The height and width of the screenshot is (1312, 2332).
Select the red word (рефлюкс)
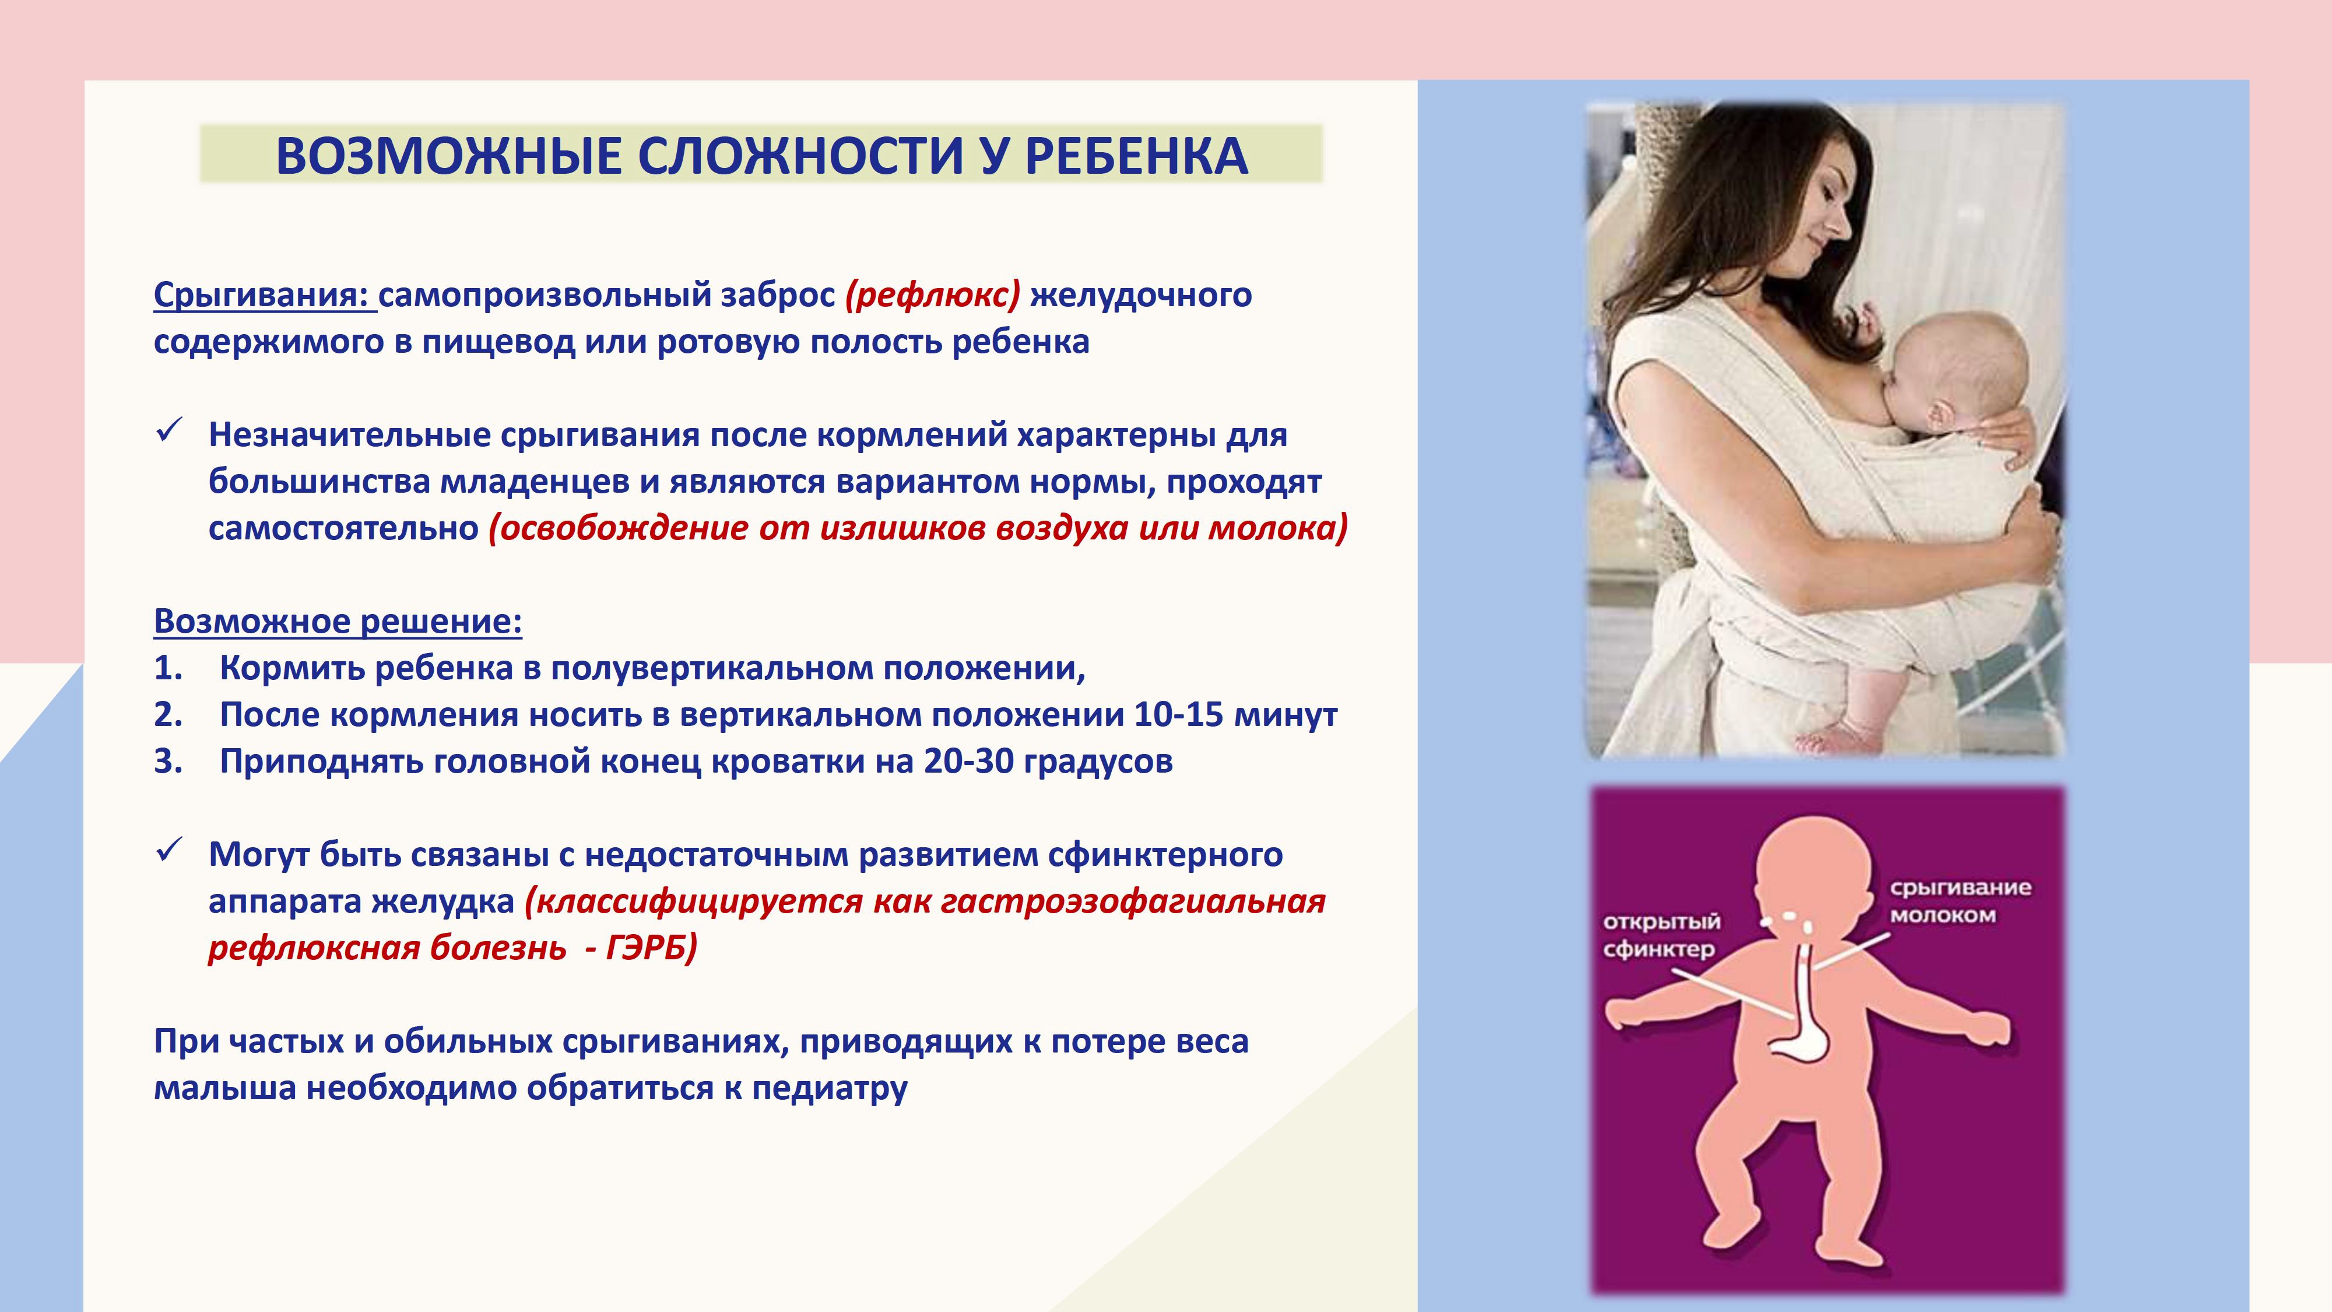(x=932, y=295)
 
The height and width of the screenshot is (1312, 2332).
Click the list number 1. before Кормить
(x=168, y=668)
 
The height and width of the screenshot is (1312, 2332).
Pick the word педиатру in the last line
(x=830, y=1088)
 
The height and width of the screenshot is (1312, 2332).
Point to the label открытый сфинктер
(x=1660, y=935)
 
